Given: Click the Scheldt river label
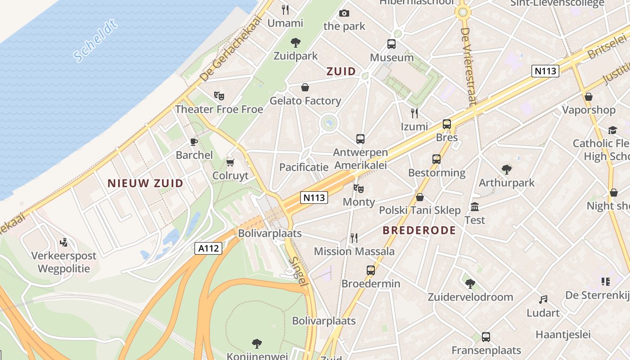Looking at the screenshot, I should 95,40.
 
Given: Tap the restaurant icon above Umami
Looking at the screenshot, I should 285,9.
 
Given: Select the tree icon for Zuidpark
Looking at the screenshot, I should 296,43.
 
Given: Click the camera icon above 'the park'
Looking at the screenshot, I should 344,13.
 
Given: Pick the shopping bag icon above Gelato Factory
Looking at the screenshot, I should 305,87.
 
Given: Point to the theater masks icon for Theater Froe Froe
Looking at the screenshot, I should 219,95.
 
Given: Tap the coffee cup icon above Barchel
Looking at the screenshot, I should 194,142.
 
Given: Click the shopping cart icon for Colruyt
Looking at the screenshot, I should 230,162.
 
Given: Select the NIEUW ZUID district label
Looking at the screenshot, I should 145,183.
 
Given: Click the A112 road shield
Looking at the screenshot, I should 209,248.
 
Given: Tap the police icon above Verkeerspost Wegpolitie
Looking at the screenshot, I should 64,242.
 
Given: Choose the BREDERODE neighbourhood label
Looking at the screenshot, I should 419,230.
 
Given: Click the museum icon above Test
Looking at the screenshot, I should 475,207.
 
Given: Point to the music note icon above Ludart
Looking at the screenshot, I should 544,299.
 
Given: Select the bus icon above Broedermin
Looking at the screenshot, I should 371,270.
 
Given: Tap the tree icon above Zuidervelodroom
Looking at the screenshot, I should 470,283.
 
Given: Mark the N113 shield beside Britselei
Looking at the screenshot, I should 545,71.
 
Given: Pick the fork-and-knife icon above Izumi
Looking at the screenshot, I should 414,113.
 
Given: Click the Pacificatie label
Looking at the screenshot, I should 304,167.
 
